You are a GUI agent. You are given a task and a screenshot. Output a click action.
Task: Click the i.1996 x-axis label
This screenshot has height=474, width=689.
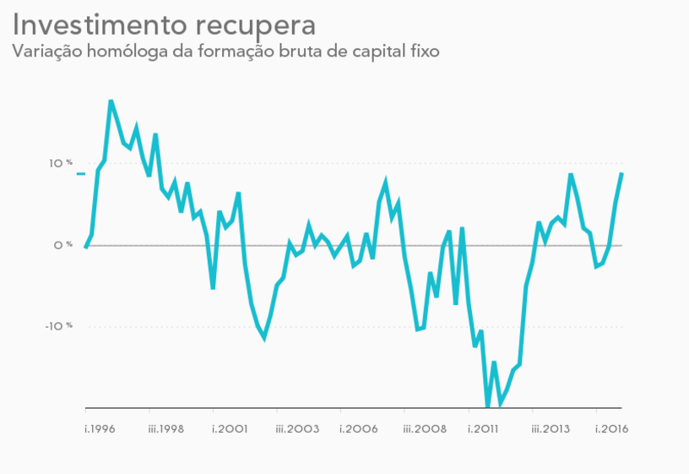pyautogui.click(x=100, y=429)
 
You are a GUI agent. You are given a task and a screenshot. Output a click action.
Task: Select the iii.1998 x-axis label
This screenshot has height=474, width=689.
pyautogui.click(x=166, y=429)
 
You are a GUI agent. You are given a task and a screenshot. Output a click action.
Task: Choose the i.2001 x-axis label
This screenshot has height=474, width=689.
pyautogui.click(x=229, y=429)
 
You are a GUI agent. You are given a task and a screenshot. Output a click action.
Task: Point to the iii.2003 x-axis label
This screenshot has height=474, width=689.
pyautogui.click(x=297, y=429)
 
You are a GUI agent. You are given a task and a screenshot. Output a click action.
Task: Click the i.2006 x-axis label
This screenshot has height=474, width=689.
pyautogui.click(x=359, y=429)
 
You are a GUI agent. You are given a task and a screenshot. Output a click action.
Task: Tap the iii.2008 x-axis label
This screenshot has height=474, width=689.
pyautogui.click(x=425, y=429)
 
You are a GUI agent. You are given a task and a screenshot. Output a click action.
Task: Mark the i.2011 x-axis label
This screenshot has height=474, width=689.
pyautogui.click(x=484, y=429)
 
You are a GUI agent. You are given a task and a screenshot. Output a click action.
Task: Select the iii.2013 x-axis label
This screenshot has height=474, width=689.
pyautogui.click(x=551, y=429)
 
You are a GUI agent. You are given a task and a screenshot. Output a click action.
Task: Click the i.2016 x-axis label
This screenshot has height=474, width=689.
pyautogui.click(x=612, y=429)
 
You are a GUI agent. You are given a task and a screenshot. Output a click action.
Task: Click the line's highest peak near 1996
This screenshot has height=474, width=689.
pyautogui.click(x=111, y=101)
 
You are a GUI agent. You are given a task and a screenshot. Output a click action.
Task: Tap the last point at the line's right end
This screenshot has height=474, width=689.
pyautogui.click(x=621, y=173)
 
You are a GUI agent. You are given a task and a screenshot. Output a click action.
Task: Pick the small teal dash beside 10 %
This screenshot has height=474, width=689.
pyautogui.click(x=81, y=173)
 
